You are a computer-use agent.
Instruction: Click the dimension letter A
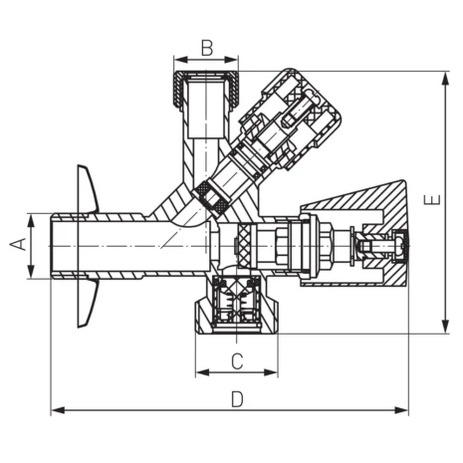tap(16, 244)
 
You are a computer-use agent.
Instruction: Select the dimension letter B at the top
tap(207, 47)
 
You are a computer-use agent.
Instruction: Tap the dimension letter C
tap(237, 358)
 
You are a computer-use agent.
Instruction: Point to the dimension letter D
tap(237, 398)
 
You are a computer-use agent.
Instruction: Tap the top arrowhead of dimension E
tap(444, 76)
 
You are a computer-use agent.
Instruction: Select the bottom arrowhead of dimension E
tap(444, 328)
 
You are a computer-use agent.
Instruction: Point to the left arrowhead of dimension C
tap(200, 372)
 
